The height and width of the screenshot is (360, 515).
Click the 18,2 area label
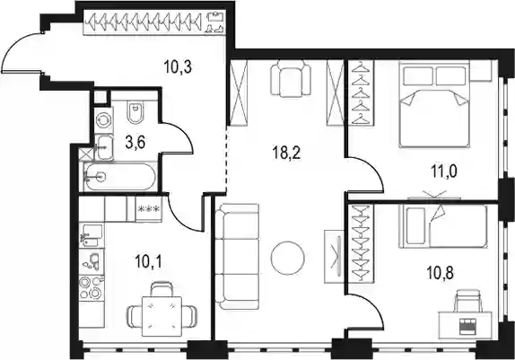click(x=286, y=153)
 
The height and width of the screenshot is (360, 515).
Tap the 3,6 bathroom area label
click(x=135, y=143)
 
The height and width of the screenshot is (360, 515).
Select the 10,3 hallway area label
click(x=178, y=67)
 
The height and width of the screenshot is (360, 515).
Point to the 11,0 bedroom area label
click(x=444, y=171)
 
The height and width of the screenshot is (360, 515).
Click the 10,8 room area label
click(x=441, y=273)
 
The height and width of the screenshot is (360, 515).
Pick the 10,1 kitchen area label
click(x=148, y=262)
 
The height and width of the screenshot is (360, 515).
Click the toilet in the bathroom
click(x=135, y=111)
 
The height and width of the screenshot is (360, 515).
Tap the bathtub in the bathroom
click(x=119, y=177)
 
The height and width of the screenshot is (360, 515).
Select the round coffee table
click(x=288, y=258)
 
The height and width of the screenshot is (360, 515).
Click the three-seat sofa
click(x=237, y=257)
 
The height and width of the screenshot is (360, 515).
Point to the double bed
click(x=434, y=104)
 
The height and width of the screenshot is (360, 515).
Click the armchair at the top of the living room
click(x=291, y=79)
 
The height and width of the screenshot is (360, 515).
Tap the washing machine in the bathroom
click(x=104, y=119)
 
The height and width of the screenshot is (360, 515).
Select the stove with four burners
click(x=92, y=287)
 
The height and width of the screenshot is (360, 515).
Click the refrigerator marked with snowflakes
click(x=149, y=209)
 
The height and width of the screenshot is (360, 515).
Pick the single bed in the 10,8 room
click(x=443, y=226)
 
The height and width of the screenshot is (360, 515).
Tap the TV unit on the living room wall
click(x=335, y=257)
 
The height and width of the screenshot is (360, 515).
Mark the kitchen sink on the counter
click(x=92, y=234)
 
